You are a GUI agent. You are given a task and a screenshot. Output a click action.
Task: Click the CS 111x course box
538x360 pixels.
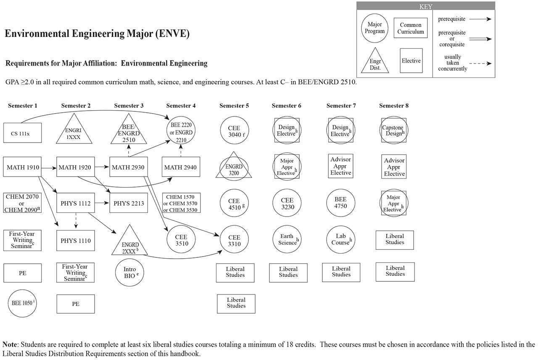click(22, 133)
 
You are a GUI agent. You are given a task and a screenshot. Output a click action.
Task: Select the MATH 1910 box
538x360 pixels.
click(23, 167)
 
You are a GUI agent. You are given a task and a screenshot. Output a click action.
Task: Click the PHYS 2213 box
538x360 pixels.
click(129, 204)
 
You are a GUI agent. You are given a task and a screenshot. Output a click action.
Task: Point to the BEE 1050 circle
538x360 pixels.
click(23, 302)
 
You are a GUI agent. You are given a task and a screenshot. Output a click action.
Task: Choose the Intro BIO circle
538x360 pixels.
click(130, 271)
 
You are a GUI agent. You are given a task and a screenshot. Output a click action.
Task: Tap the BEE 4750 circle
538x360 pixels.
click(341, 204)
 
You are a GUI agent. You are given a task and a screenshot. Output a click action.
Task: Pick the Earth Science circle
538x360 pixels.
click(288, 240)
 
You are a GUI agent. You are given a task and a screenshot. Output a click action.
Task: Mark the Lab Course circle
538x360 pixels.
click(341, 240)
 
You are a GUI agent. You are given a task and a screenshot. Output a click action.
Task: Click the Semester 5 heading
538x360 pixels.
click(234, 106)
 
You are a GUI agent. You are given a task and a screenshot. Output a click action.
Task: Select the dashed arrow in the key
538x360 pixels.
click(480, 64)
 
